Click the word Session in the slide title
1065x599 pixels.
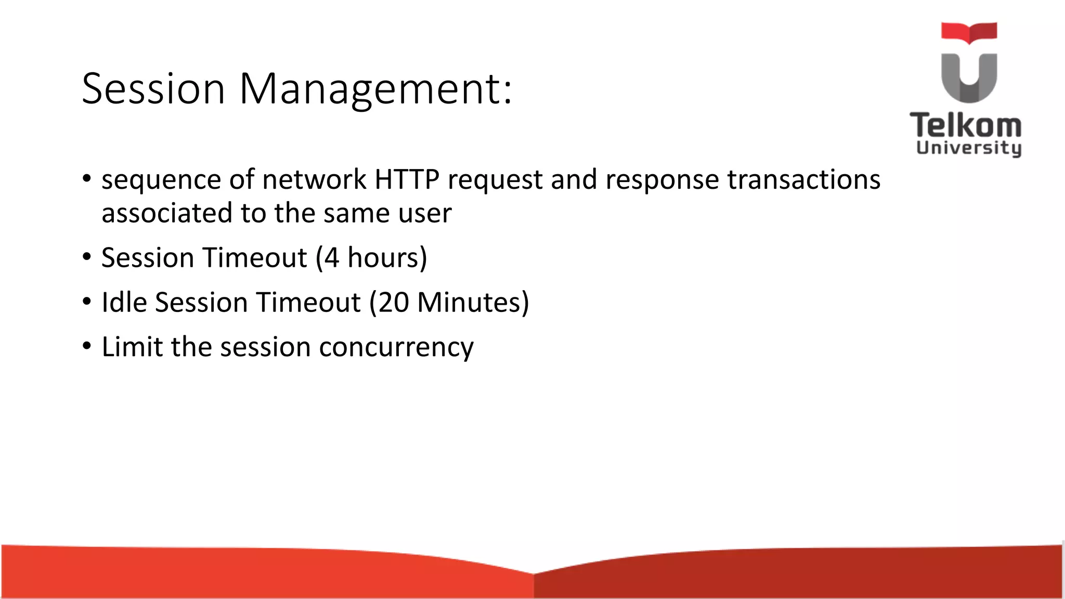coord(153,88)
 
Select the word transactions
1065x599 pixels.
coord(803,180)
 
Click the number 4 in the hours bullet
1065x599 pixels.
coord(331,258)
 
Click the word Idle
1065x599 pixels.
coord(124,303)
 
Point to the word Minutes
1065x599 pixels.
coord(469,303)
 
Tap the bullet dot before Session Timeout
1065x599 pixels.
coord(87,257)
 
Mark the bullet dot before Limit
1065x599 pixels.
coord(87,346)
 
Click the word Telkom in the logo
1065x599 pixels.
coord(965,126)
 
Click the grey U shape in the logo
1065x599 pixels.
coord(969,78)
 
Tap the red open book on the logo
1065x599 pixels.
coord(969,32)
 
